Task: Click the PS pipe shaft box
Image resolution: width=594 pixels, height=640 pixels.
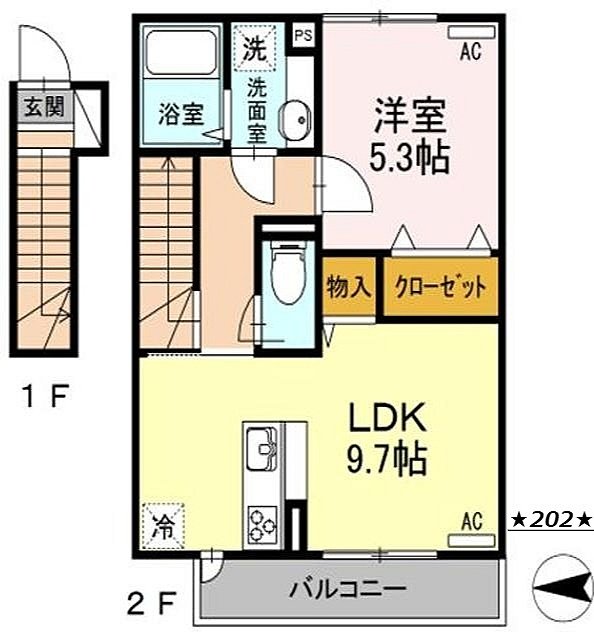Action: click(302, 34)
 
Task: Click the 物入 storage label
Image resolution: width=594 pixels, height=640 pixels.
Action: click(350, 288)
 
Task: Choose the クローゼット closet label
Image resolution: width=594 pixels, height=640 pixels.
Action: click(440, 288)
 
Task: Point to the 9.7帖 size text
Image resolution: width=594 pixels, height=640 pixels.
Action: click(388, 461)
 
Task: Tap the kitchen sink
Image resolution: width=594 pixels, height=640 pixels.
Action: click(263, 446)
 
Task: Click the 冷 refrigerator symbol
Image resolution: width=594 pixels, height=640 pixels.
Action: click(162, 522)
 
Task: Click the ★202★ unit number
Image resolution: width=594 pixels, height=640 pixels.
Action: click(552, 520)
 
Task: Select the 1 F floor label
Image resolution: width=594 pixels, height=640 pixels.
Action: click(46, 398)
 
